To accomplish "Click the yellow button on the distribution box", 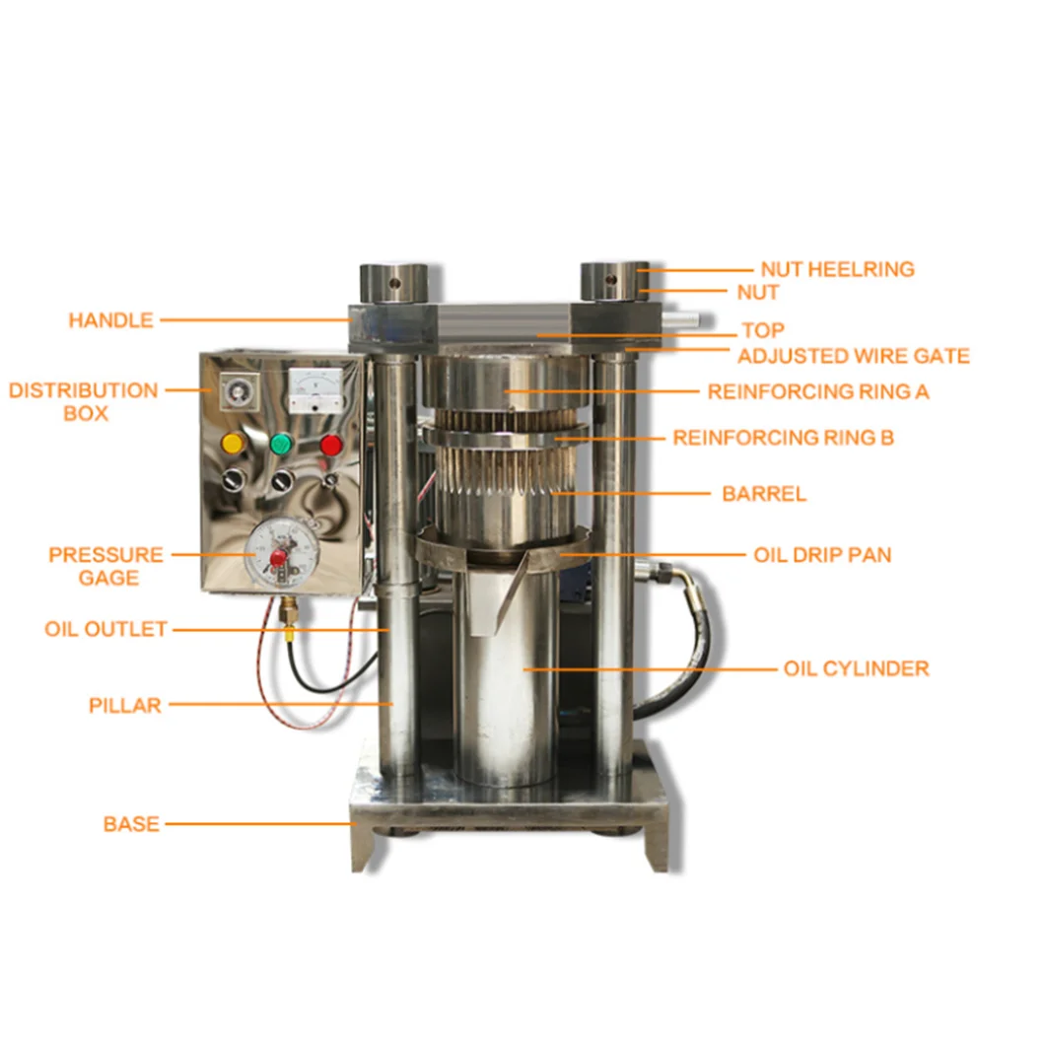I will pos(234,444).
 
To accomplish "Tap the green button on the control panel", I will pos(282,444).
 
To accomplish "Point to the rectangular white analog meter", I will pos(314,390).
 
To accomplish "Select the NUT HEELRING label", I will pos(837,269).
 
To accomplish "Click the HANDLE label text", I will pos(110,320).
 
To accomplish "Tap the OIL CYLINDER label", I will pos(856,668).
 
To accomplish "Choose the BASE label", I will pos(131,823).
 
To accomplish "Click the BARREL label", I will pos(764,494).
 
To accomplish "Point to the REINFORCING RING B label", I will pos(783,437).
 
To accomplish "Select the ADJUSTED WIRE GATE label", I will pos(854,356).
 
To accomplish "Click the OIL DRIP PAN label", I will pos(822,555).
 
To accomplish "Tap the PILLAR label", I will pos(124,705).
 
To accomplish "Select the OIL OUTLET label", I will pos(105,629).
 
